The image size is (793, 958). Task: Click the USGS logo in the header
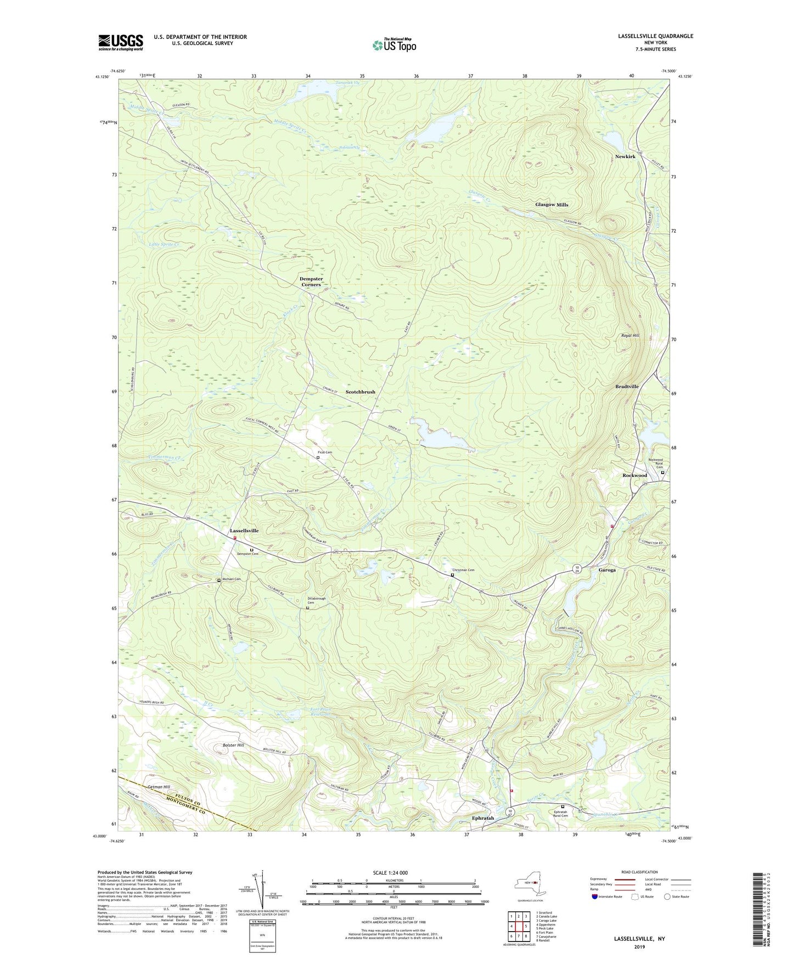(121, 42)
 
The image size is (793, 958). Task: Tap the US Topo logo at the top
(393, 45)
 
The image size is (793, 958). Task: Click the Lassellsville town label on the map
(244, 531)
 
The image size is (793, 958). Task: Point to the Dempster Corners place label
(311, 281)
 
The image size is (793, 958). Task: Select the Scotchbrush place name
(361, 392)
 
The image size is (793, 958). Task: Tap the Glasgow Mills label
(552, 205)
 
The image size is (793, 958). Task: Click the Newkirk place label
(625, 157)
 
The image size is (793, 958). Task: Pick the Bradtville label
(627, 386)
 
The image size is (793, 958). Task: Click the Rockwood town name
(634, 475)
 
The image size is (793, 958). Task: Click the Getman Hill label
(159, 787)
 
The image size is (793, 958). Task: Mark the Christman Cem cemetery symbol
(452, 576)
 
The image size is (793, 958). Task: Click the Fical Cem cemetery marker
(318, 457)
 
